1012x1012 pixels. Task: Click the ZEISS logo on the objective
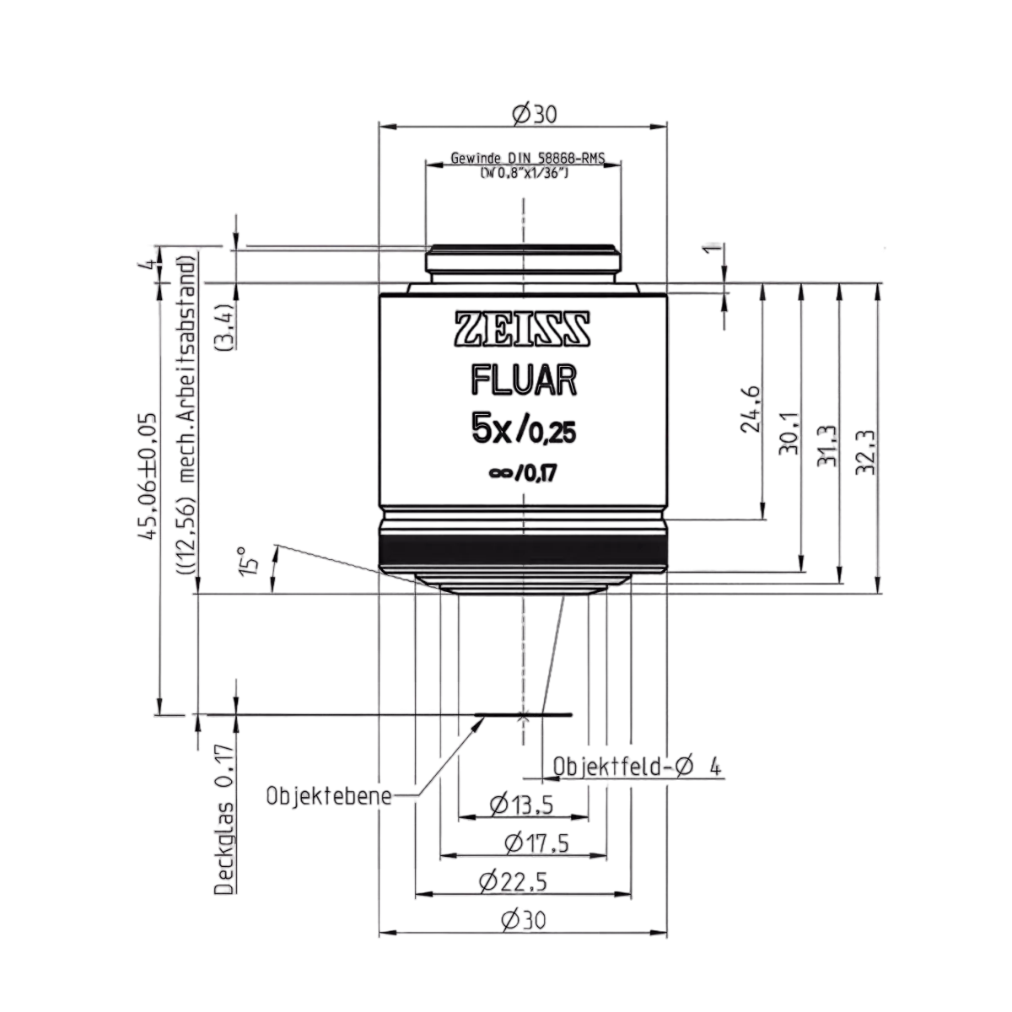click(x=523, y=329)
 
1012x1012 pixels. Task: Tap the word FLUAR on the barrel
click(x=524, y=381)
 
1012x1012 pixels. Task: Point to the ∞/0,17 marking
click(x=523, y=474)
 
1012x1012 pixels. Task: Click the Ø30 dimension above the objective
click(x=534, y=114)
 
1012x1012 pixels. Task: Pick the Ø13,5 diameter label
click(x=521, y=805)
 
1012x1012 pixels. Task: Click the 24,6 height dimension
click(x=750, y=409)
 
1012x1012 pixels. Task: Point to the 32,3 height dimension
click(x=865, y=453)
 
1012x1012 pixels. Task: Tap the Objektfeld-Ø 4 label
click(x=637, y=767)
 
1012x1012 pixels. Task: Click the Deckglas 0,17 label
click(x=225, y=819)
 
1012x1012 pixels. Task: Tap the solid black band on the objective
click(x=524, y=550)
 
